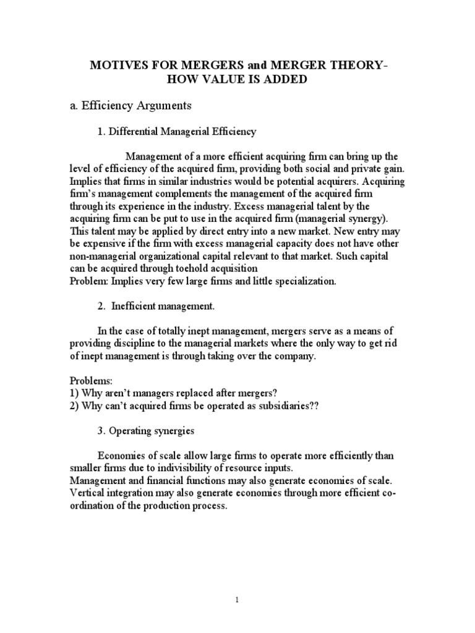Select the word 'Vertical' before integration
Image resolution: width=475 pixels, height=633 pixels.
[88, 493]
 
